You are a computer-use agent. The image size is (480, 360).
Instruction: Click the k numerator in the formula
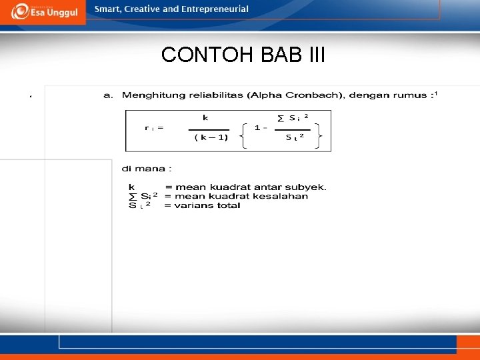[x=205, y=117]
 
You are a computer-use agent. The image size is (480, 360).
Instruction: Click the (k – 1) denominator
[x=211, y=137]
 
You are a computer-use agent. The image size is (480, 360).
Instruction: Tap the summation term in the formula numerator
[x=293, y=118]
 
